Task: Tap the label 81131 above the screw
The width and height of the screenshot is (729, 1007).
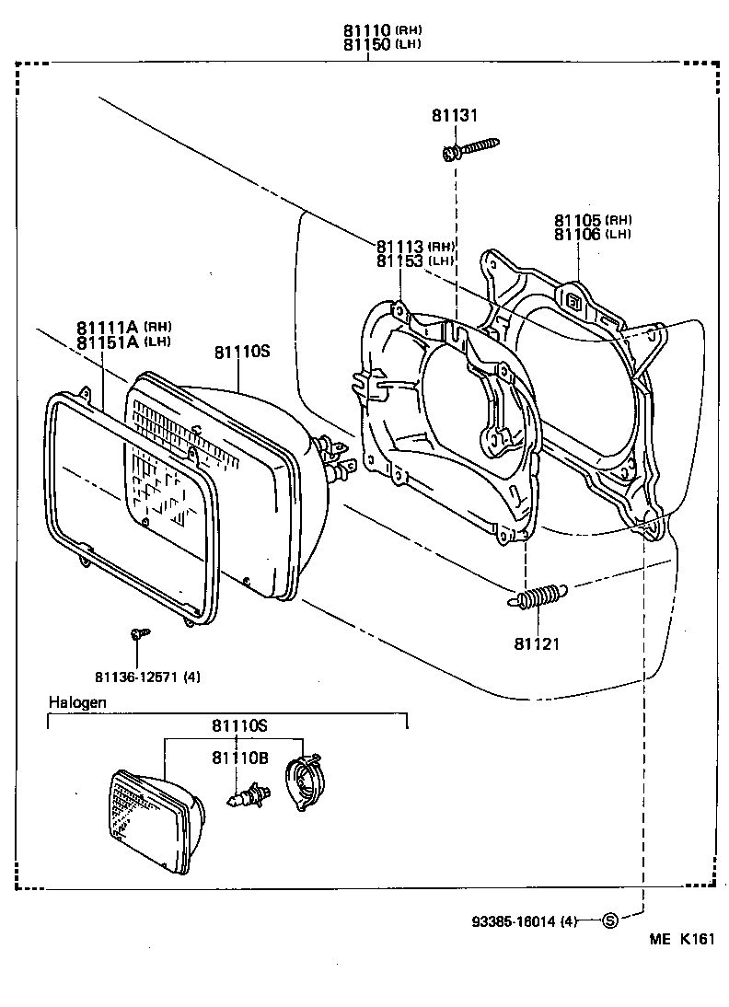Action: pos(455,116)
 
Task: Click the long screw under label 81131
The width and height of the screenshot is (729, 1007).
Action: pos(470,148)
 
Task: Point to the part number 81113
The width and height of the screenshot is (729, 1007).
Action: pos(399,247)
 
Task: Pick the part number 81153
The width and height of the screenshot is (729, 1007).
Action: pos(399,261)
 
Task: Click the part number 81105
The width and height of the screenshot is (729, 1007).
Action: pos(577,221)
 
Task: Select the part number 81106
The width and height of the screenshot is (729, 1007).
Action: pos(577,235)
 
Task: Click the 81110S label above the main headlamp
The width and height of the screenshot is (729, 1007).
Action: pos(241,352)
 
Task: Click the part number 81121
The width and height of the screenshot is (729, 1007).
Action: pos(537,643)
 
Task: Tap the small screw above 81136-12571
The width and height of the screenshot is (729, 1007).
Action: pos(140,633)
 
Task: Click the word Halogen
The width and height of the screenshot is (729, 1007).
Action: pos(77,702)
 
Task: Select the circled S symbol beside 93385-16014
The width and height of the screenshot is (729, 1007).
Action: pos(608,920)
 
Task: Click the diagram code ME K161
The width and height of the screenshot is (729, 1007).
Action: pos(681,939)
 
